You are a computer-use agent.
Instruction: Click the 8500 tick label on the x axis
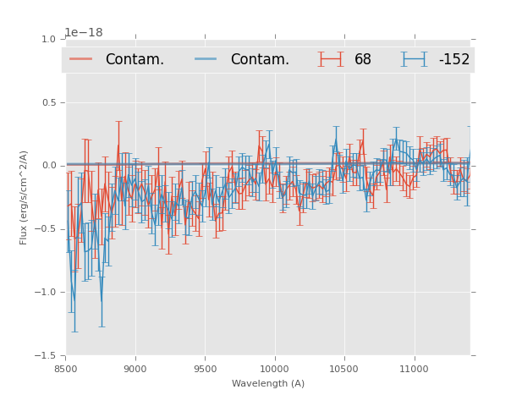66,369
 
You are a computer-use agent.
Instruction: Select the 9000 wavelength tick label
135,369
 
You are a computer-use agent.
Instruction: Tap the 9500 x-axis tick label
205,369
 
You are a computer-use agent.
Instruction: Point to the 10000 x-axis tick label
274,369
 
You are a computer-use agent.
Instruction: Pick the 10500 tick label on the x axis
344,369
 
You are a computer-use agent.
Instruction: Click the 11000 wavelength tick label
414,369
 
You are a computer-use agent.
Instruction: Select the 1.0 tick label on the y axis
48,40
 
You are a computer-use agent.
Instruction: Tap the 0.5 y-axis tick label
48,103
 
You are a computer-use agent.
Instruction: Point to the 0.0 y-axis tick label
48,166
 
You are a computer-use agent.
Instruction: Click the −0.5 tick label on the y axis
46,229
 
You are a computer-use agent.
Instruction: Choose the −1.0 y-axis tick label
46,293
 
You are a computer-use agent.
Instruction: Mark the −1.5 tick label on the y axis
46,356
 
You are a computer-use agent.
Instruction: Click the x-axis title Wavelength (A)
268,384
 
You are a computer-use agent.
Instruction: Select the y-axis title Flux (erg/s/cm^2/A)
25,197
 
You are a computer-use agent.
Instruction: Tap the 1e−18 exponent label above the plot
84,33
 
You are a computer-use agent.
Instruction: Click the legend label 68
363,60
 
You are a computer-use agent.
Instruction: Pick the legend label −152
453,60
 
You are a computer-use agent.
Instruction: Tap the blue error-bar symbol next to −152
414,59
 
